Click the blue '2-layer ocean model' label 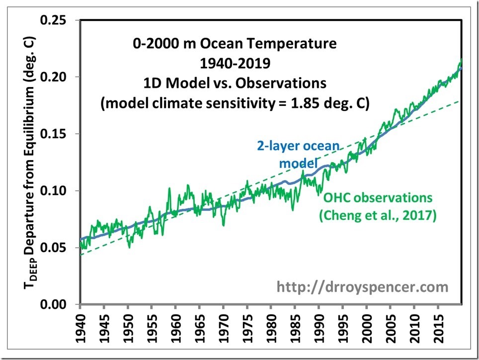pos(298,155)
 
